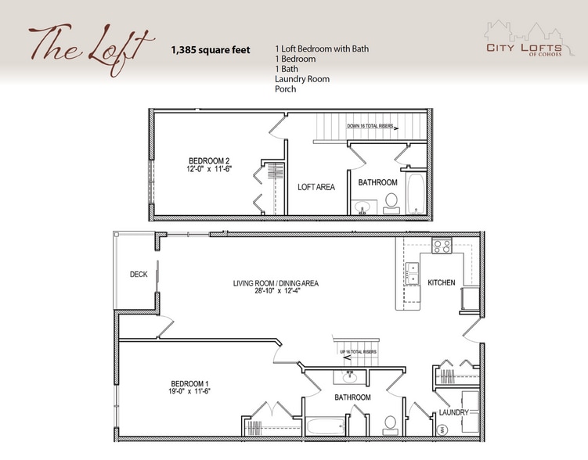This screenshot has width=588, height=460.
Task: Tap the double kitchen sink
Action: coord(413,273)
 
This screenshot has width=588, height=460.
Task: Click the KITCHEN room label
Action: coord(441,282)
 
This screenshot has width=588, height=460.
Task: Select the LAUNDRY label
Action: coord(453,412)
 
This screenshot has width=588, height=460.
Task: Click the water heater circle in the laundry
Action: coord(440,429)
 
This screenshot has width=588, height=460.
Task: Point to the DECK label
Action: coord(139,274)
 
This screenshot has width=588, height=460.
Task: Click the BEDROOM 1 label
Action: coord(189,383)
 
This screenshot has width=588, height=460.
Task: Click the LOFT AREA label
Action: coord(316,187)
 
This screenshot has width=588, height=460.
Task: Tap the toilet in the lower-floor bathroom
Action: coord(390,426)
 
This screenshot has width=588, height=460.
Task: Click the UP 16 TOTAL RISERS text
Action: coord(359,352)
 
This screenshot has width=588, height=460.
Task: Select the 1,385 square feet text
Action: coord(211,50)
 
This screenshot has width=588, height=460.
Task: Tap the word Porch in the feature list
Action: coord(286,89)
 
